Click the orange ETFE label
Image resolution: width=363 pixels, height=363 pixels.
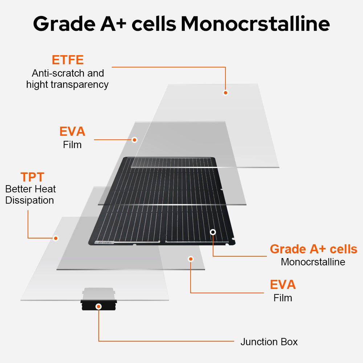(x=68, y=60)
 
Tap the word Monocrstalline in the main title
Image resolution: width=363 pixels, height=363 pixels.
(x=255, y=24)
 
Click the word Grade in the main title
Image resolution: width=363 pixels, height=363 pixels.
(x=64, y=24)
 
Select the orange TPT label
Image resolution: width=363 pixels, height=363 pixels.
(x=32, y=177)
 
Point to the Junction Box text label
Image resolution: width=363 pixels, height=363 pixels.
(x=269, y=342)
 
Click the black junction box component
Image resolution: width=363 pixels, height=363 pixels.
(x=99, y=305)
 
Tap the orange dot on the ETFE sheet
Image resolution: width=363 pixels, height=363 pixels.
(x=225, y=93)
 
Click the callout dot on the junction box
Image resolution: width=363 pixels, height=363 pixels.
(x=99, y=307)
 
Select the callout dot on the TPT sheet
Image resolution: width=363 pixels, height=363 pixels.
(x=56, y=238)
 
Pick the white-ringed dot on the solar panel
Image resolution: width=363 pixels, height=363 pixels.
(x=213, y=232)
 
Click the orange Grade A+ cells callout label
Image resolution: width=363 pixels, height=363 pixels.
(x=314, y=249)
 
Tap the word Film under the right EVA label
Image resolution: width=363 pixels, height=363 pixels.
(x=283, y=298)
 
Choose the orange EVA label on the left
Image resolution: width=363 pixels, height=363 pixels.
(x=72, y=131)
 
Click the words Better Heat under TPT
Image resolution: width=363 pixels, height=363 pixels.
(x=30, y=189)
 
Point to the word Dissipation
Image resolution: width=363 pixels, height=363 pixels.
(x=30, y=200)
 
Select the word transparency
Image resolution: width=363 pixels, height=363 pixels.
(x=79, y=85)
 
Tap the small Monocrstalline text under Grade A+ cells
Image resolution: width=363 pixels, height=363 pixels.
(x=313, y=262)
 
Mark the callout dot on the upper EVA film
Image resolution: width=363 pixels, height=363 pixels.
(x=134, y=140)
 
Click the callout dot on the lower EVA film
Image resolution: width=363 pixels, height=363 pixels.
(x=191, y=259)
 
